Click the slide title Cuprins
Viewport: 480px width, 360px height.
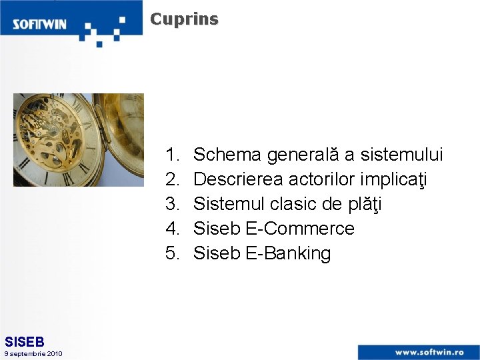(184, 19)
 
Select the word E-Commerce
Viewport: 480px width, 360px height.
(300, 229)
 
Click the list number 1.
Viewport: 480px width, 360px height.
(173, 155)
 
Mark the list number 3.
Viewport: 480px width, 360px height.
(173, 204)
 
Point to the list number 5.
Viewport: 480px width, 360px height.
(173, 253)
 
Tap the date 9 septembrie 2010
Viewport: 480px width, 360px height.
(33, 353)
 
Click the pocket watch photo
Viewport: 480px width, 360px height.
(78, 139)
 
